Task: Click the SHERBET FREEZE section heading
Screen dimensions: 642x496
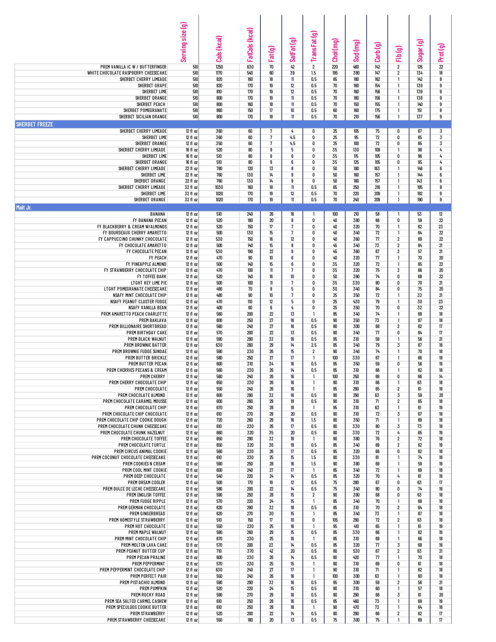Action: pos(34,124)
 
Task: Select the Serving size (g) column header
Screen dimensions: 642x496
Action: pos(183,42)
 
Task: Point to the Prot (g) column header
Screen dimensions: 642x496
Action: pos(441,52)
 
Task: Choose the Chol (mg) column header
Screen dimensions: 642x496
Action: pos(335,50)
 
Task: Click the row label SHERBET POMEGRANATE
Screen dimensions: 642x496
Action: pos(145,110)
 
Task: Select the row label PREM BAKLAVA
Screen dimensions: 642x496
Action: pos(153,320)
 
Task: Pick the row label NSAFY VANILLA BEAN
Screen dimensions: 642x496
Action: pos(147,308)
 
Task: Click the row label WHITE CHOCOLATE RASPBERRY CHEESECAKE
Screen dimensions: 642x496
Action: pos(127,73)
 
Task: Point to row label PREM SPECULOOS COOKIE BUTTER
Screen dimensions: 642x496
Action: pos(136,607)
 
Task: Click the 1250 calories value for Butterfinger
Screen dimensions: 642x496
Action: pos(219,67)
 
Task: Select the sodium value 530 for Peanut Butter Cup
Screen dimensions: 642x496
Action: pos(356,551)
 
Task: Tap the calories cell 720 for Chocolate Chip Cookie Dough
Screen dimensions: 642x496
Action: pos(219,420)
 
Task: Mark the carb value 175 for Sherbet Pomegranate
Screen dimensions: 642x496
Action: pos(377,110)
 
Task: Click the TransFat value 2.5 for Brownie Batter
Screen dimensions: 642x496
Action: pos(314,345)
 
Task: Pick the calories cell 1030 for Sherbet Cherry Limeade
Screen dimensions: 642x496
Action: pos(219,187)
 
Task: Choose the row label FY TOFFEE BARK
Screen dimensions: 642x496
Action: pos(152,277)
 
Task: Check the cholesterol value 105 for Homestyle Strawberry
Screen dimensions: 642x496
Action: pos(335,520)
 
